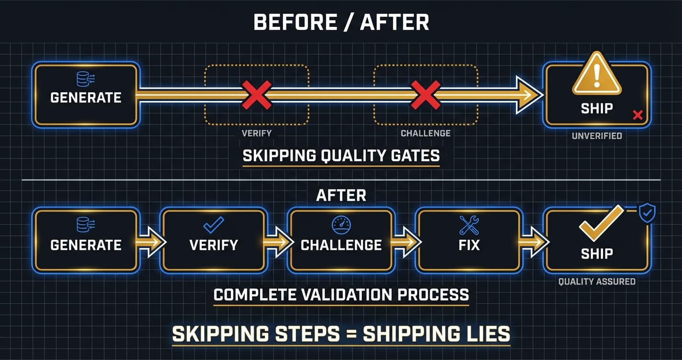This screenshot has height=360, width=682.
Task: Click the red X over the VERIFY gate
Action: [x=256, y=95]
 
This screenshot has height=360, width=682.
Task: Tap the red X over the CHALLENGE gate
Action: [x=426, y=95]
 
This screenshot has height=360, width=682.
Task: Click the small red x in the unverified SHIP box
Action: [x=637, y=115]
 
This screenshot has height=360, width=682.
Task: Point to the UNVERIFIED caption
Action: [x=597, y=136]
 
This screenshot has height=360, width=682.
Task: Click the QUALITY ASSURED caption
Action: [x=597, y=281]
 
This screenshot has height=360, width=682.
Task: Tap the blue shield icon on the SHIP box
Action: [x=648, y=213]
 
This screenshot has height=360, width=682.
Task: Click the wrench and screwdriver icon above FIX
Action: [x=469, y=225]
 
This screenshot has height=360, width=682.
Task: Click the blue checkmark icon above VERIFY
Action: [x=214, y=225]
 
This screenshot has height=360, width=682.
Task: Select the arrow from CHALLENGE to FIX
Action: [x=405, y=241]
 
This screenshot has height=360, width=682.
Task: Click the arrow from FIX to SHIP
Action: [x=533, y=241]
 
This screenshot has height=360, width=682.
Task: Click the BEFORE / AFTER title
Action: [x=341, y=22]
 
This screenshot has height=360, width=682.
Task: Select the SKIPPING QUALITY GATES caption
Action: [x=341, y=156]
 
